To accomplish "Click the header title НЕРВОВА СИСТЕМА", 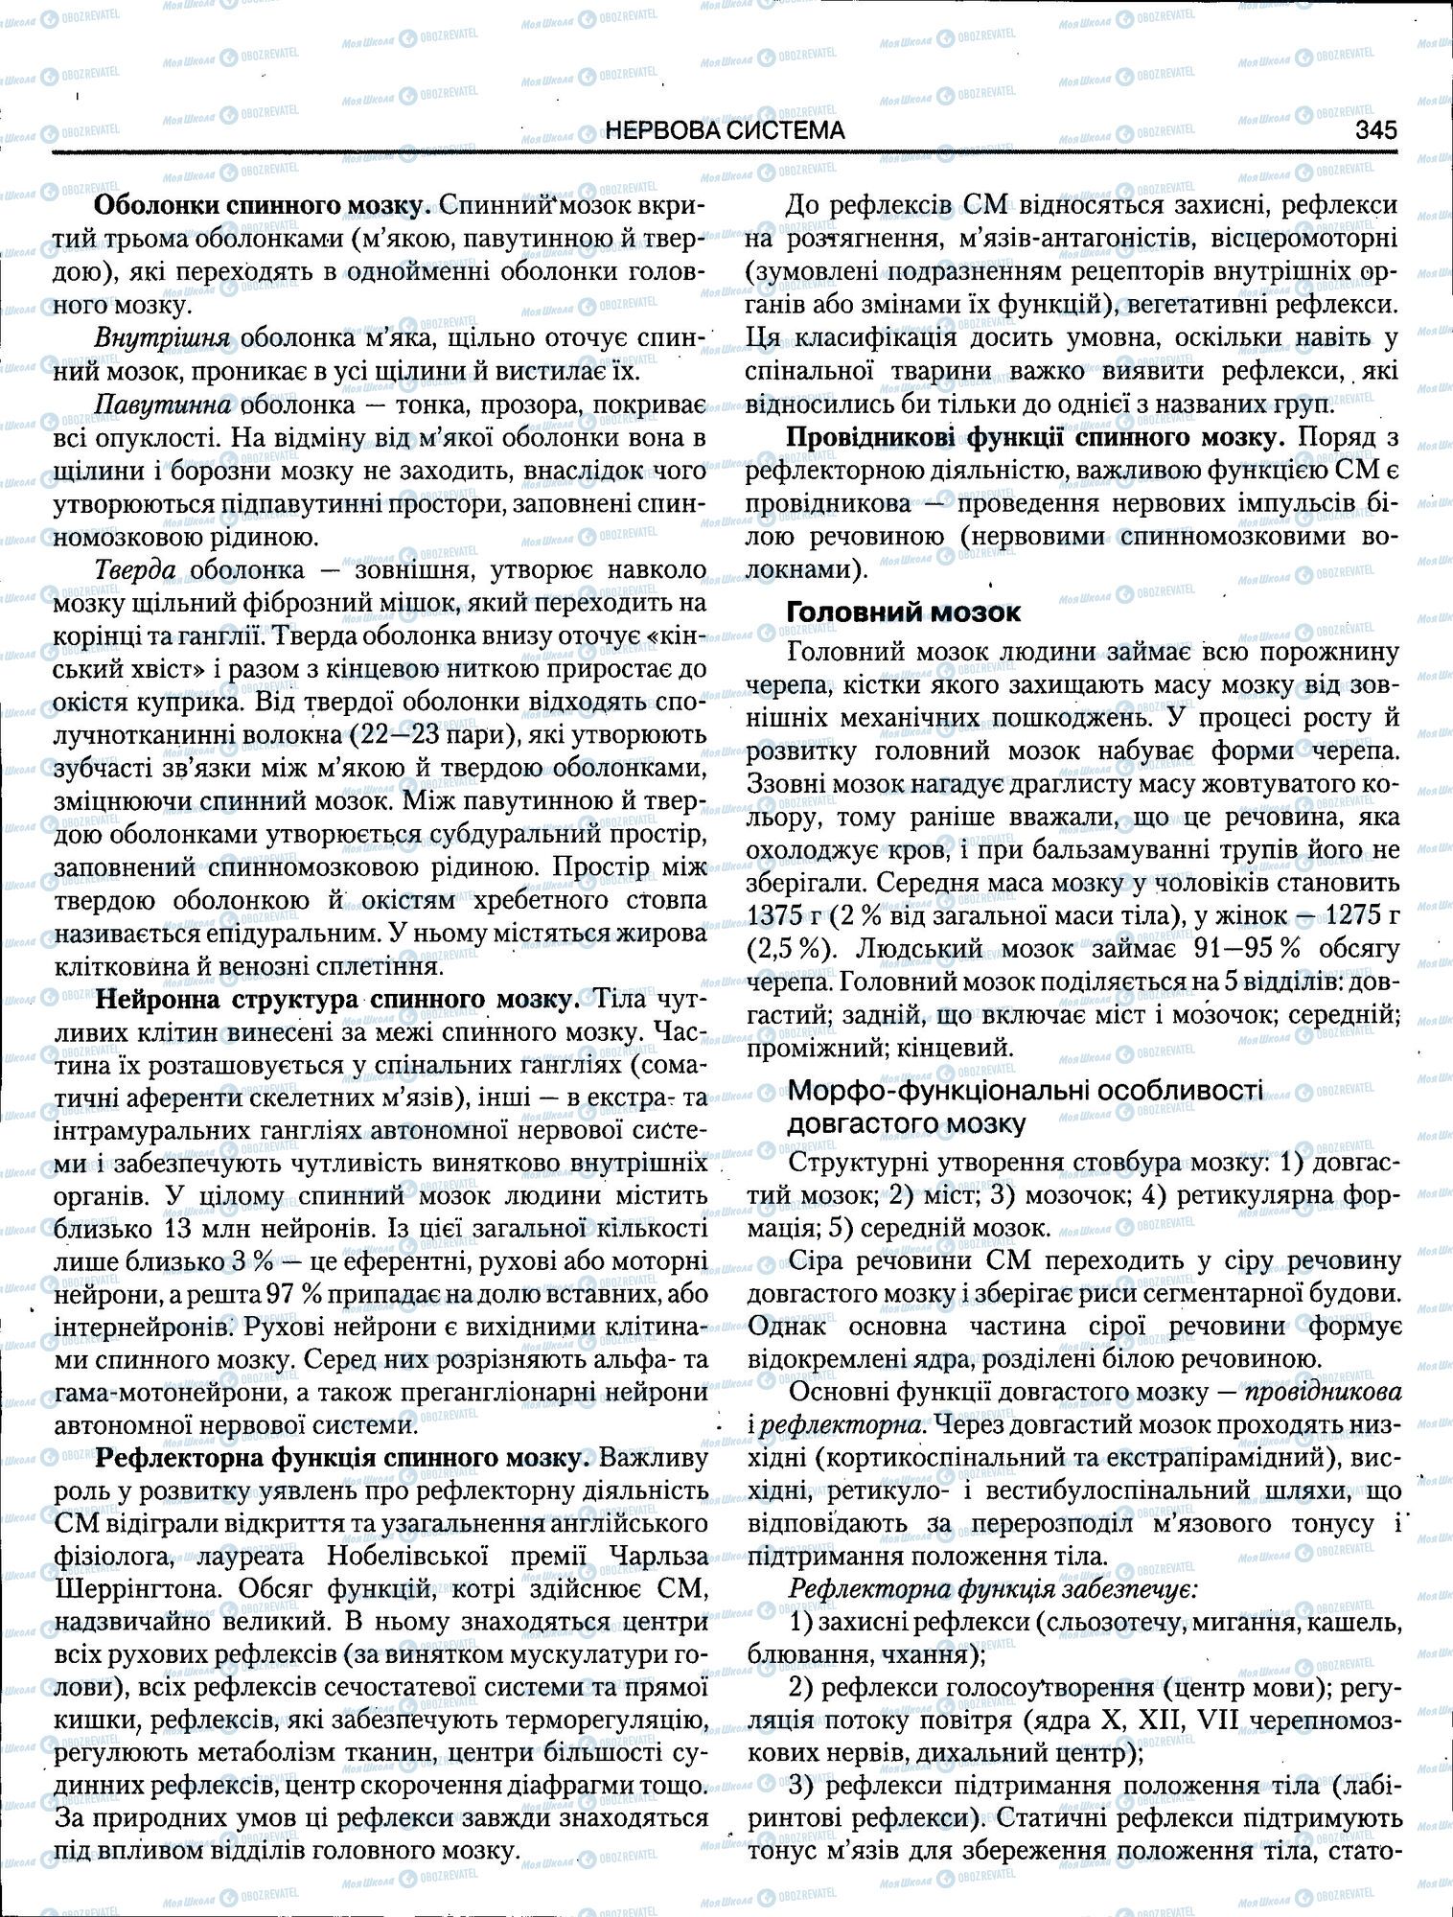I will click(x=726, y=130).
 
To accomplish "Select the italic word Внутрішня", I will click(x=163, y=339).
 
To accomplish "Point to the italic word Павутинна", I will click(x=164, y=404).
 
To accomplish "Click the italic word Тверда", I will click(x=136, y=569).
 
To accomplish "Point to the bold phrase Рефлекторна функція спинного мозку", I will click(x=342, y=1459).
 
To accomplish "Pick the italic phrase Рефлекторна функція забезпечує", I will click(x=992, y=1589).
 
